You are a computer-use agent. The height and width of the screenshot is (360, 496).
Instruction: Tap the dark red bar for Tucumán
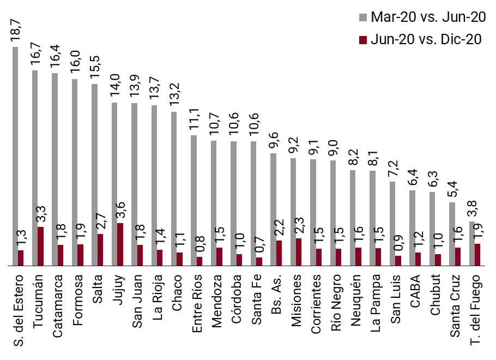click(x=41, y=246)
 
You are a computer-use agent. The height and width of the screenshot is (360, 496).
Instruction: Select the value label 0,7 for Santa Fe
click(x=259, y=244)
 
